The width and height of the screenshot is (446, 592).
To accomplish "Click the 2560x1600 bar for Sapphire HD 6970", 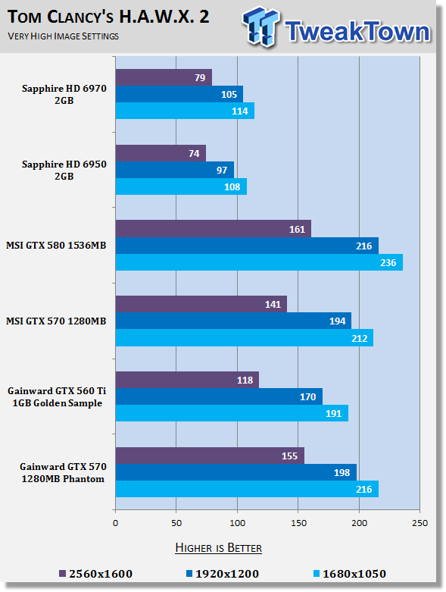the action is click(x=164, y=77).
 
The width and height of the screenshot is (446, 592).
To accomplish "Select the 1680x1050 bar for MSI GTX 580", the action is click(x=259, y=262).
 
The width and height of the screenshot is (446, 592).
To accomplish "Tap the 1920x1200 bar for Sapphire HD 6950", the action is click(x=175, y=170).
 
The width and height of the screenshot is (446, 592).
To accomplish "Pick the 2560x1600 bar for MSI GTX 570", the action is click(x=201, y=304).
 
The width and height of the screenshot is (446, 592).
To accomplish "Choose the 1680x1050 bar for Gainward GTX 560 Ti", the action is click(x=232, y=413).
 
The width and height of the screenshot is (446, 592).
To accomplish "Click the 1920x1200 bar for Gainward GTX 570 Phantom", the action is click(x=236, y=472).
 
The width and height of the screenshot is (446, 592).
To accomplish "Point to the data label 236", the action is click(x=388, y=262).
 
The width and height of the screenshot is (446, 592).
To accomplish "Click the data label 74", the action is click(x=194, y=153).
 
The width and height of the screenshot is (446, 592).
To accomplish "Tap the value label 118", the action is click(x=245, y=381).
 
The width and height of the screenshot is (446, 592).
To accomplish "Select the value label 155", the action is click(x=289, y=456).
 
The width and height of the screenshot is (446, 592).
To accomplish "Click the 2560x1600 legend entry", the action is click(x=95, y=574).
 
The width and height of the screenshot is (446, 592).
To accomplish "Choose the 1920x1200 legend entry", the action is click(x=223, y=574).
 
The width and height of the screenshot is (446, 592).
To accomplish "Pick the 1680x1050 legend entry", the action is click(x=350, y=574).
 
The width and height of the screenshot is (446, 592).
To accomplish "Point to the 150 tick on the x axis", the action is click(x=298, y=523).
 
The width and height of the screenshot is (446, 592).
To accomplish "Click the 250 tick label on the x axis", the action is click(x=420, y=523).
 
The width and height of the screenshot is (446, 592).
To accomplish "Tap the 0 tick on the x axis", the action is click(x=115, y=523).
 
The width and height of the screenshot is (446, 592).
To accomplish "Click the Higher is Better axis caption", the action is click(x=218, y=548).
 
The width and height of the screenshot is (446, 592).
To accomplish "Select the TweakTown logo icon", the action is click(x=261, y=27).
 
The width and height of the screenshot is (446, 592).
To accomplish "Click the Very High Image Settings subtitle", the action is click(x=64, y=36).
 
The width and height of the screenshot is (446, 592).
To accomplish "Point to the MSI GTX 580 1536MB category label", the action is click(x=56, y=246).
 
